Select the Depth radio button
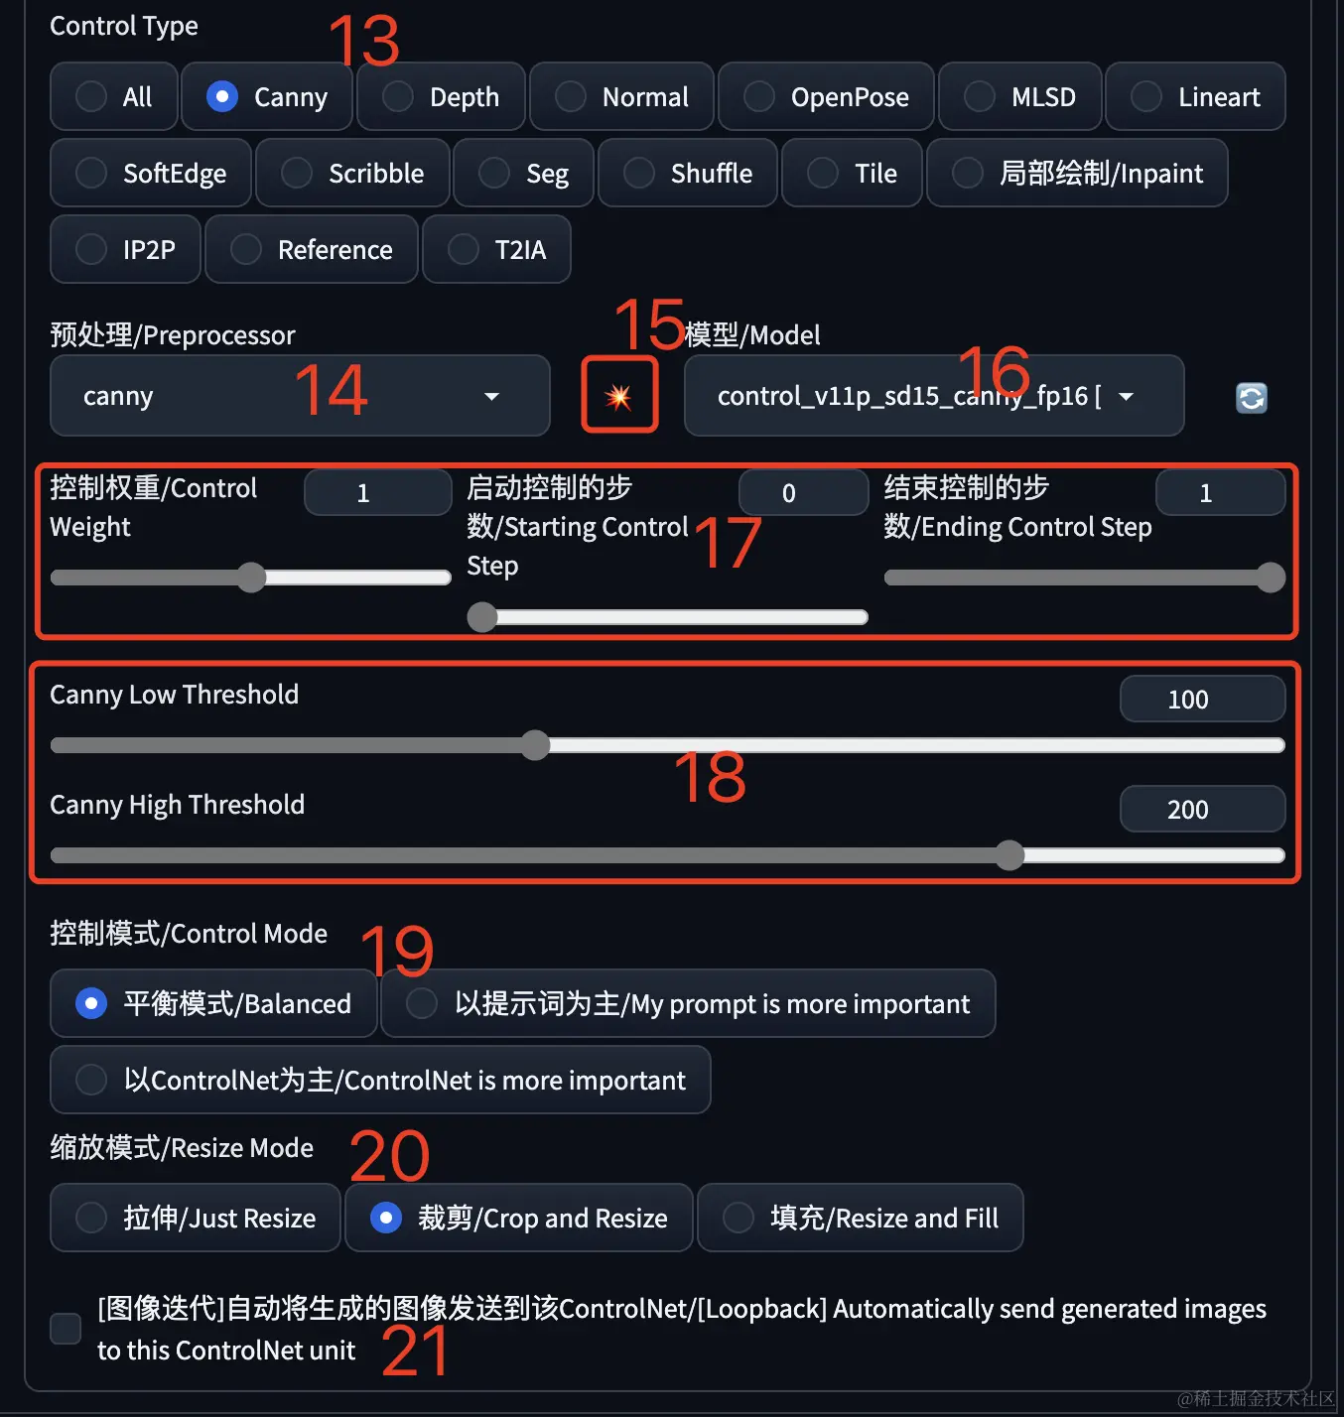coord(397,96)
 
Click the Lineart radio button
coord(1145,96)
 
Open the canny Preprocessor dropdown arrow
coord(491,396)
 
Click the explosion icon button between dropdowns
coord(619,395)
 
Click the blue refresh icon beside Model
coord(1251,397)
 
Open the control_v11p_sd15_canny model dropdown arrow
coord(1126,396)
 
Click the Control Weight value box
coord(378,492)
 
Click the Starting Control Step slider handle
coord(482,617)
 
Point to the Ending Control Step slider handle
coord(1271,578)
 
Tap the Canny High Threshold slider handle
coord(1009,855)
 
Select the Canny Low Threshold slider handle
coord(535,745)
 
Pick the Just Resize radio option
coord(91,1219)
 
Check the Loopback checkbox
coord(66,1329)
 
